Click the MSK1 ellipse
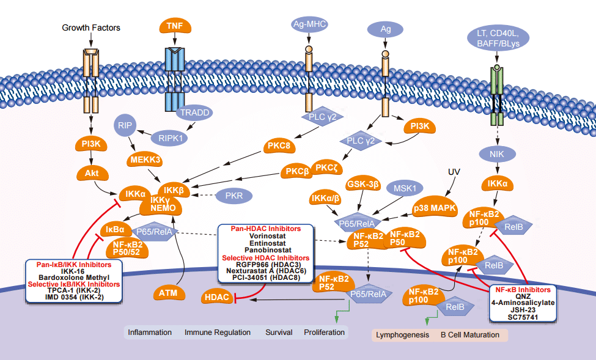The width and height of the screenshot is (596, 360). pos(404,189)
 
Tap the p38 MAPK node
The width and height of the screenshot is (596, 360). pos(436,208)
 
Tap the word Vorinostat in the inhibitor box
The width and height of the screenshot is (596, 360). pos(265,235)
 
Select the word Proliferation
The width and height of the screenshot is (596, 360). pos(324,332)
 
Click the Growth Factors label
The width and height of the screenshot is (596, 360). pos(91,28)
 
